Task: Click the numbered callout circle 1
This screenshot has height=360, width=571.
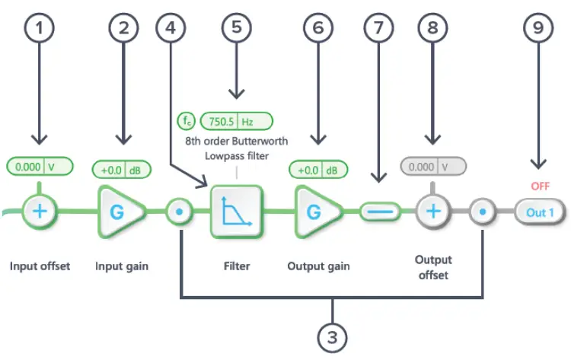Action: tap(40, 28)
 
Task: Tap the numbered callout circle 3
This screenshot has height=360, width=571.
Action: tap(332, 338)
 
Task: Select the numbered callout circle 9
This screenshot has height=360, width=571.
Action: tap(538, 28)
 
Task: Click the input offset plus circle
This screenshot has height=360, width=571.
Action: tap(40, 212)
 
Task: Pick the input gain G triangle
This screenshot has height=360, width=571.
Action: tap(121, 212)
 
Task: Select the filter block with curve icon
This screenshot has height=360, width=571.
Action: tap(237, 212)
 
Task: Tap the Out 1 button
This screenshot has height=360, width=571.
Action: tap(540, 212)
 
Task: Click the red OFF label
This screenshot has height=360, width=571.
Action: tap(540, 186)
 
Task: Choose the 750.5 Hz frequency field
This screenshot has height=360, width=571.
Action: tap(237, 121)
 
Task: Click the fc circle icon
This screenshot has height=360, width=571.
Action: tap(187, 121)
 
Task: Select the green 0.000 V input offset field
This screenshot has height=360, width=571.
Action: tap(40, 167)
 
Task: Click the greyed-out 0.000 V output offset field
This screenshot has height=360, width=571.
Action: tap(433, 167)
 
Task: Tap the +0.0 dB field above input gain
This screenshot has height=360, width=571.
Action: tap(122, 170)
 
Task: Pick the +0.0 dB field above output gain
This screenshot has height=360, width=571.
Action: tap(318, 170)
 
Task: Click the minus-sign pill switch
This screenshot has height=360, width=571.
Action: tap(380, 212)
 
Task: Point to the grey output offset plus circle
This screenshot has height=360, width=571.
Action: tap(433, 212)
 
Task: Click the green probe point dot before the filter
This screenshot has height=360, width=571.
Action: tap(179, 212)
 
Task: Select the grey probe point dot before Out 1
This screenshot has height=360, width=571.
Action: tap(483, 212)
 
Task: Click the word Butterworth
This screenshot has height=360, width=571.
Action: tap(260, 141)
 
